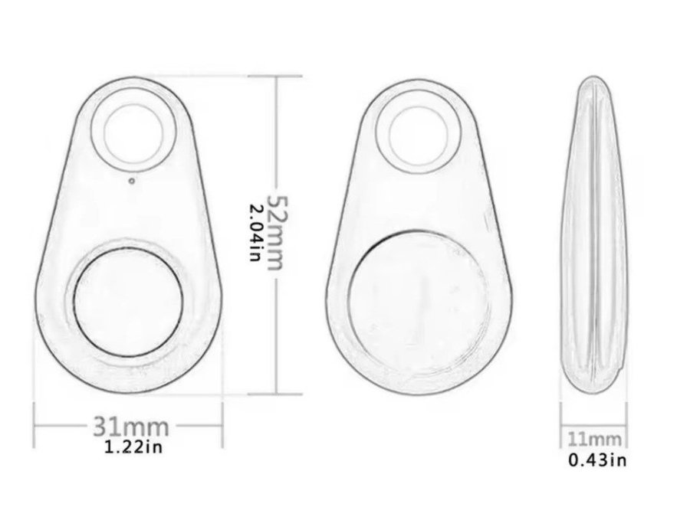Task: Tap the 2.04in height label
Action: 256,232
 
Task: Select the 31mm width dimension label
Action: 131,426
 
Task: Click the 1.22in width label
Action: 133,447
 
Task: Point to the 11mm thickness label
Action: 594,439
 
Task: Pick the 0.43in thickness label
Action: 597,460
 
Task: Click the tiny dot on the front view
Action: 132,180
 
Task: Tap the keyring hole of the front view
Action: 133,131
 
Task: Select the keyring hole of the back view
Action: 419,136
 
